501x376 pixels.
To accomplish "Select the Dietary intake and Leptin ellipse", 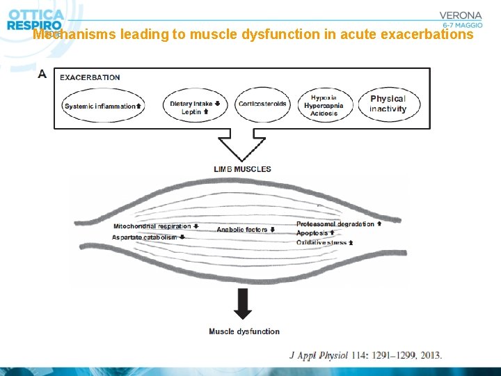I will pos(195,107).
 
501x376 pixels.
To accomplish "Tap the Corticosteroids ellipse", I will pos(262,104).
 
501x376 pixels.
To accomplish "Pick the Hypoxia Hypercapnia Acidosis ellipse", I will pos(324,104).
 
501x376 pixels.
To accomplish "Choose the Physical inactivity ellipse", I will pos(388,104).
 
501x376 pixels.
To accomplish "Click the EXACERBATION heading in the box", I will pos(90,77).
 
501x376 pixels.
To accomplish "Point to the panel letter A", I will pos(42,73).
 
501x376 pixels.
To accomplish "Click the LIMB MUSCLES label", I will pos(243,169).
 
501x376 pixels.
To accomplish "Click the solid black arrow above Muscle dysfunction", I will pos(243,303).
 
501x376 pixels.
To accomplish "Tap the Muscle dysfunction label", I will pos(244,331).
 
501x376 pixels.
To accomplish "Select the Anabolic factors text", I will pos(241,230).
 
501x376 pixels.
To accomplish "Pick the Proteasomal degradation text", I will pos(335,224).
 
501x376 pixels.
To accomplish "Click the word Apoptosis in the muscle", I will pos(312,233).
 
